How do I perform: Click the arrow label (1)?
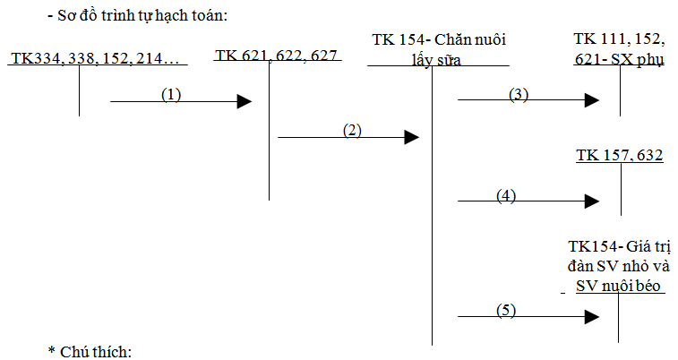[171, 94]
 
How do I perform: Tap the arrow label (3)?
[518, 94]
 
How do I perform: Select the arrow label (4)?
[506, 197]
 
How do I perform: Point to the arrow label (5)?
[506, 310]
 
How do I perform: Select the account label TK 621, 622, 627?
[276, 56]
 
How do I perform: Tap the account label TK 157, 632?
[619, 156]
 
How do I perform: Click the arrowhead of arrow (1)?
[244, 102]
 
